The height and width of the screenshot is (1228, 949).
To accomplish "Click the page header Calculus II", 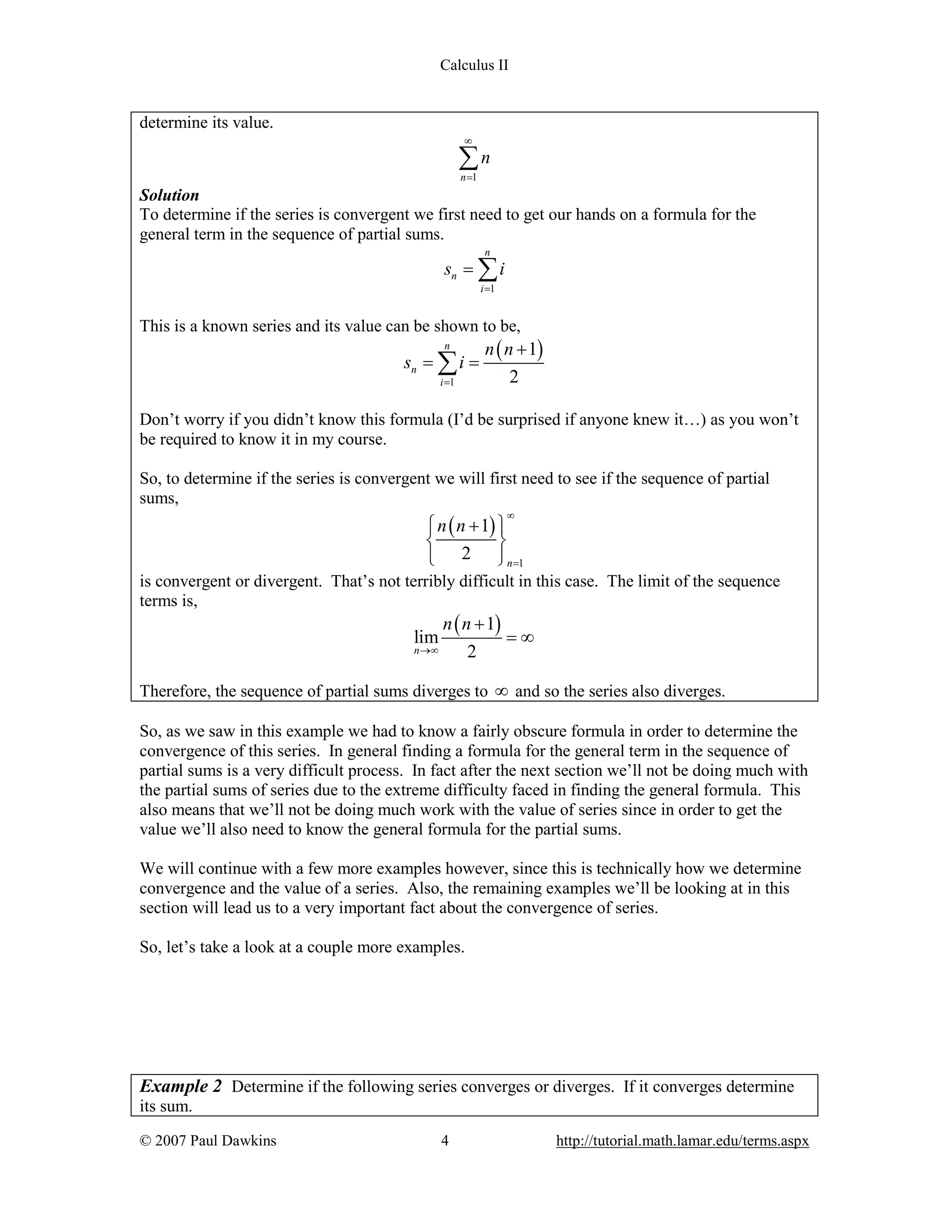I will tap(474, 65).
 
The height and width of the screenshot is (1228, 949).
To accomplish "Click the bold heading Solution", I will tap(169, 195).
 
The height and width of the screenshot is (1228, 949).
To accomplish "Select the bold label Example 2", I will tap(180, 1086).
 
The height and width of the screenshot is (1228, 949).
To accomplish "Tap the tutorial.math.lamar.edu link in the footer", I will tap(682, 1140).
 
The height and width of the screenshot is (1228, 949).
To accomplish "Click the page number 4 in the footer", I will tap(445, 1140).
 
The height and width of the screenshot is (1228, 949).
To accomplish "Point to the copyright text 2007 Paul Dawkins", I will tap(208, 1140).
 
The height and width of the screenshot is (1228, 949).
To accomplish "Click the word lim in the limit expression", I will tap(425, 637).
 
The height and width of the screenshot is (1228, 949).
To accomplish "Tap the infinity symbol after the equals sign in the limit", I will tap(527, 638).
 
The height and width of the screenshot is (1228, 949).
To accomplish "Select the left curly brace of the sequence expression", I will tap(430, 539).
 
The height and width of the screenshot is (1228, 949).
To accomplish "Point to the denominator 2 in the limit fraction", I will tap(471, 651).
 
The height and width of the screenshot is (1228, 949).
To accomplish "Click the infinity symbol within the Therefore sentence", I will tap(501, 691).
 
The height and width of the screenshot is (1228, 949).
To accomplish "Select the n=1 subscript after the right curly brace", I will tap(515, 563).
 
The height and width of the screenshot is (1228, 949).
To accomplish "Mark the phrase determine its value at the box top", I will tap(206, 123).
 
